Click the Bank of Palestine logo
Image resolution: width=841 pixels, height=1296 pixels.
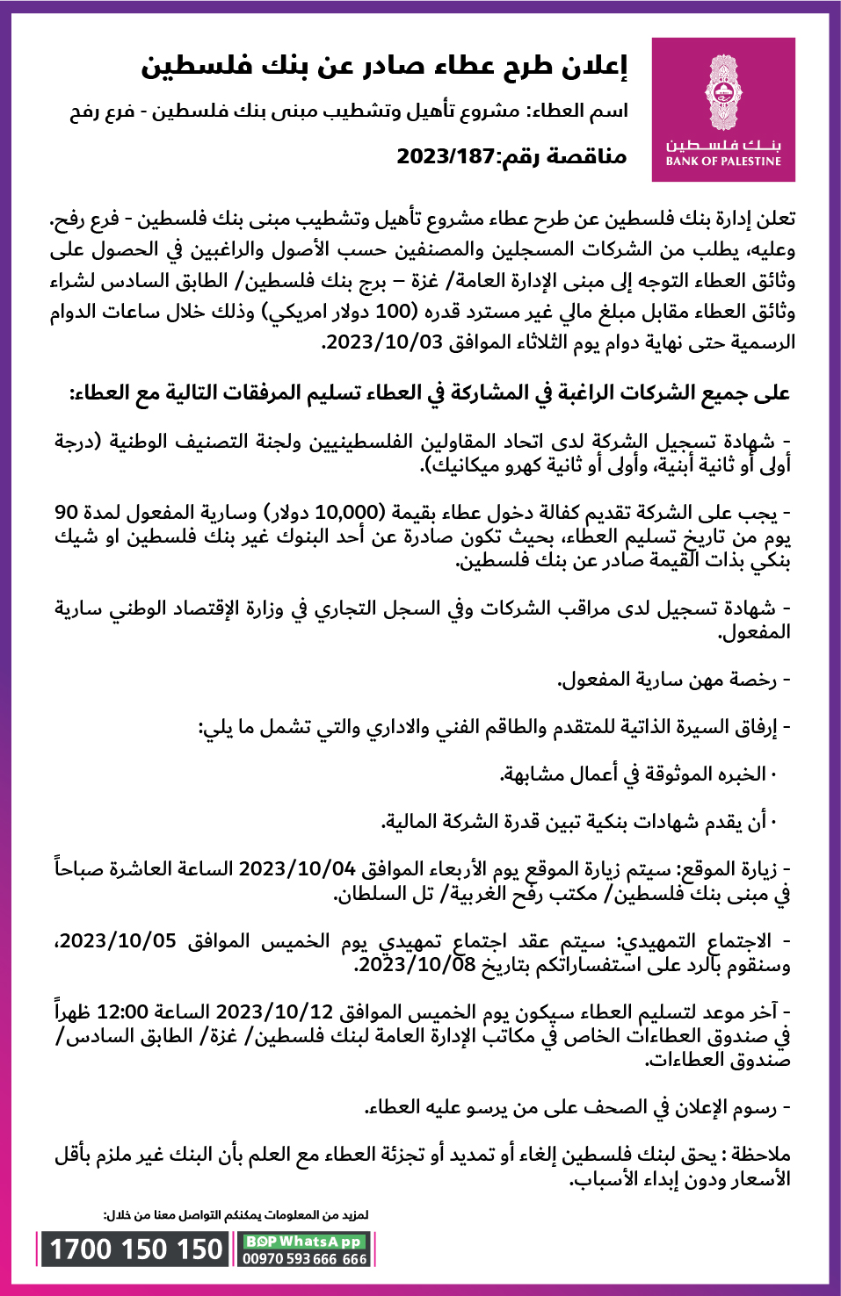coord(723,110)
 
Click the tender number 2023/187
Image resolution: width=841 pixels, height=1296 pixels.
coord(446,157)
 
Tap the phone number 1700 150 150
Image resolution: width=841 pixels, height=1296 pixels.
coord(136,1249)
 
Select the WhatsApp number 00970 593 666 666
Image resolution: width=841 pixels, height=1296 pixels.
coord(305,1258)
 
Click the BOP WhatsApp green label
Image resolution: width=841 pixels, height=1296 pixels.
coord(304,1242)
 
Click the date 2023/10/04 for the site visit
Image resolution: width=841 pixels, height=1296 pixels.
coord(297,869)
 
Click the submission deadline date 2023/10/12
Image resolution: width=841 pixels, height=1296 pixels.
coord(274,1012)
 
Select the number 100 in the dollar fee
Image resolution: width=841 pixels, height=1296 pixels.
coord(394,312)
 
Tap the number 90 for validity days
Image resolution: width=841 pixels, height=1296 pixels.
coord(67,512)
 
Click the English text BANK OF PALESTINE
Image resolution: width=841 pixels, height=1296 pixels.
coord(723,162)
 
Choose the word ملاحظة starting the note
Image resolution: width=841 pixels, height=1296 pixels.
coord(762,1154)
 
